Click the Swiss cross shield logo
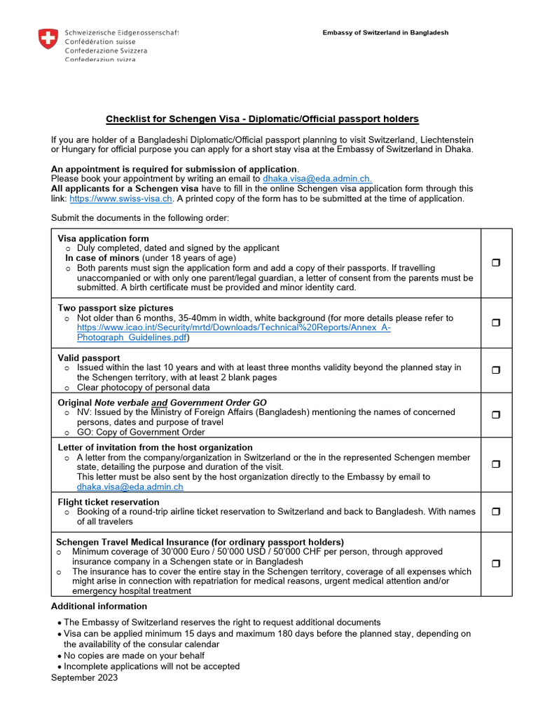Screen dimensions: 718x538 point(48,39)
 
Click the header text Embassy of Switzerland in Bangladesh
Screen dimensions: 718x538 point(385,33)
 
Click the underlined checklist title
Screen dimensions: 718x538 point(262,119)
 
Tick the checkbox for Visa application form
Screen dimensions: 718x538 point(496,262)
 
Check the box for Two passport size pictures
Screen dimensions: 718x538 point(496,323)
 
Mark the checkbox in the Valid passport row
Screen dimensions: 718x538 point(496,370)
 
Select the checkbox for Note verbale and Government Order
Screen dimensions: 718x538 point(496,414)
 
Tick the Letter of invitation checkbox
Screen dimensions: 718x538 point(496,464)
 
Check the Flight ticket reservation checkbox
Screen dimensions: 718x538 point(496,512)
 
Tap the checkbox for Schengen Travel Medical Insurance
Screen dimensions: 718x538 point(496,564)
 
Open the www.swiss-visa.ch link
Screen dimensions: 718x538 point(120,198)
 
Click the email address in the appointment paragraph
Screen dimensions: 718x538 point(317,179)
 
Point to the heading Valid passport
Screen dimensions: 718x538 point(89,358)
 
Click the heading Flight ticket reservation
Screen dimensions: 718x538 point(109,502)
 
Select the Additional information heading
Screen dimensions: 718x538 point(99,606)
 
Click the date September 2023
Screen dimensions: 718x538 point(84,677)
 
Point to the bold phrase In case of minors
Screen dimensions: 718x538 point(102,257)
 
